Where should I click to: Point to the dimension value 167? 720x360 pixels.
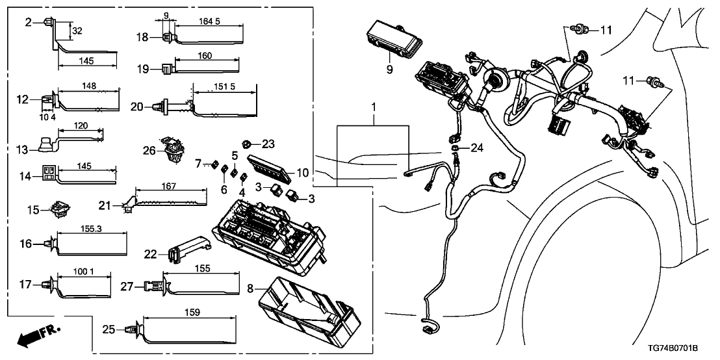(169, 186)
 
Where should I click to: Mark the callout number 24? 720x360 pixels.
(478, 149)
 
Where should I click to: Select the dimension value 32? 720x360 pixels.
(77, 30)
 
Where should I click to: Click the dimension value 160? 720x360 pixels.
(204, 56)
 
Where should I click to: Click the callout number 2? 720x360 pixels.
(28, 23)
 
